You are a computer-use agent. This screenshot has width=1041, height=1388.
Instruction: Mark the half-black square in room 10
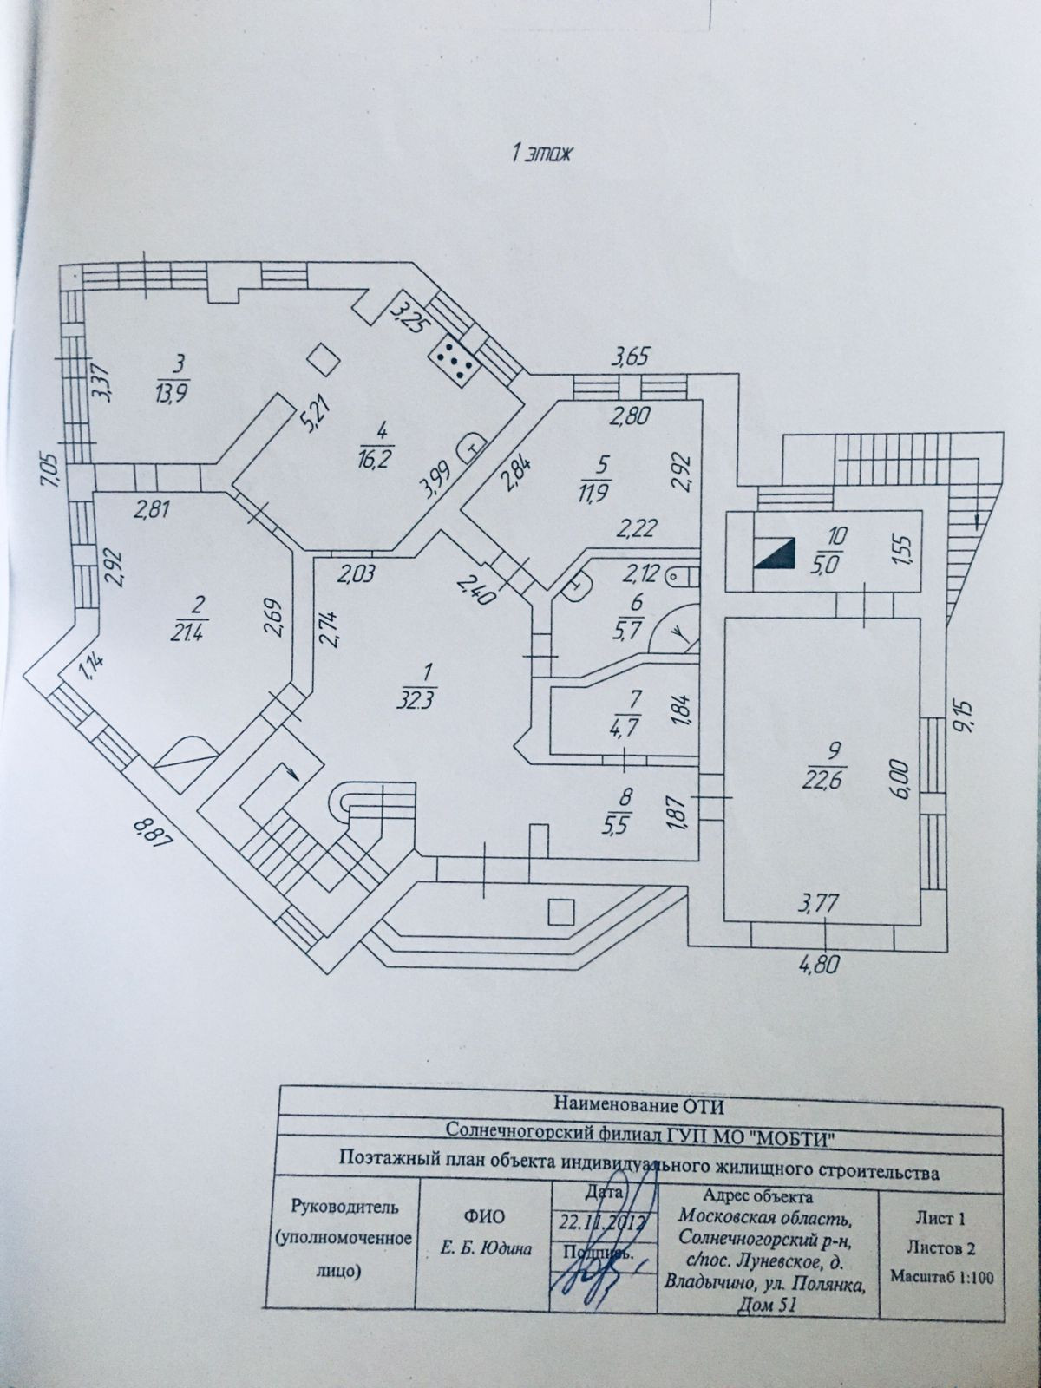pos(775,553)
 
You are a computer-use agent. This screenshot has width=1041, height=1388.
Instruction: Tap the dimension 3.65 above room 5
pos(631,356)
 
